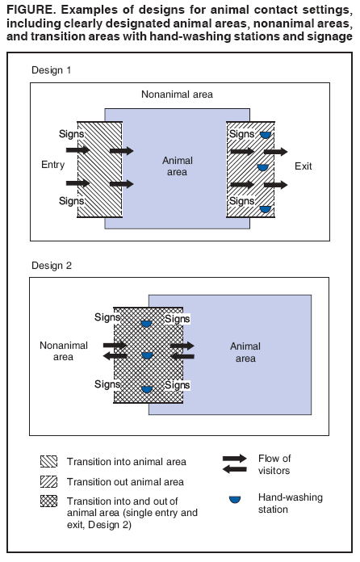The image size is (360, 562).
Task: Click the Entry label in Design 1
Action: pyautogui.click(x=52, y=165)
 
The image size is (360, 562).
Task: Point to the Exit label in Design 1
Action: pyautogui.click(x=303, y=166)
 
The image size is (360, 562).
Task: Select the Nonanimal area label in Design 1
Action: pyautogui.click(x=178, y=94)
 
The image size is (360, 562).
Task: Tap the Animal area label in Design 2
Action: pyautogui.click(x=245, y=352)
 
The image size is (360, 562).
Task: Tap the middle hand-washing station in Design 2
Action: pyautogui.click(x=146, y=356)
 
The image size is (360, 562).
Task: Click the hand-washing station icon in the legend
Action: pyautogui.click(x=234, y=500)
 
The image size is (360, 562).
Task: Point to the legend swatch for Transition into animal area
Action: pyautogui.click(x=48, y=462)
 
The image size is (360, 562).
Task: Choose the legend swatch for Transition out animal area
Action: pyautogui.click(x=48, y=481)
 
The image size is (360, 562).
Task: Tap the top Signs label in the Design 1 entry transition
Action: pyautogui.click(x=71, y=132)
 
